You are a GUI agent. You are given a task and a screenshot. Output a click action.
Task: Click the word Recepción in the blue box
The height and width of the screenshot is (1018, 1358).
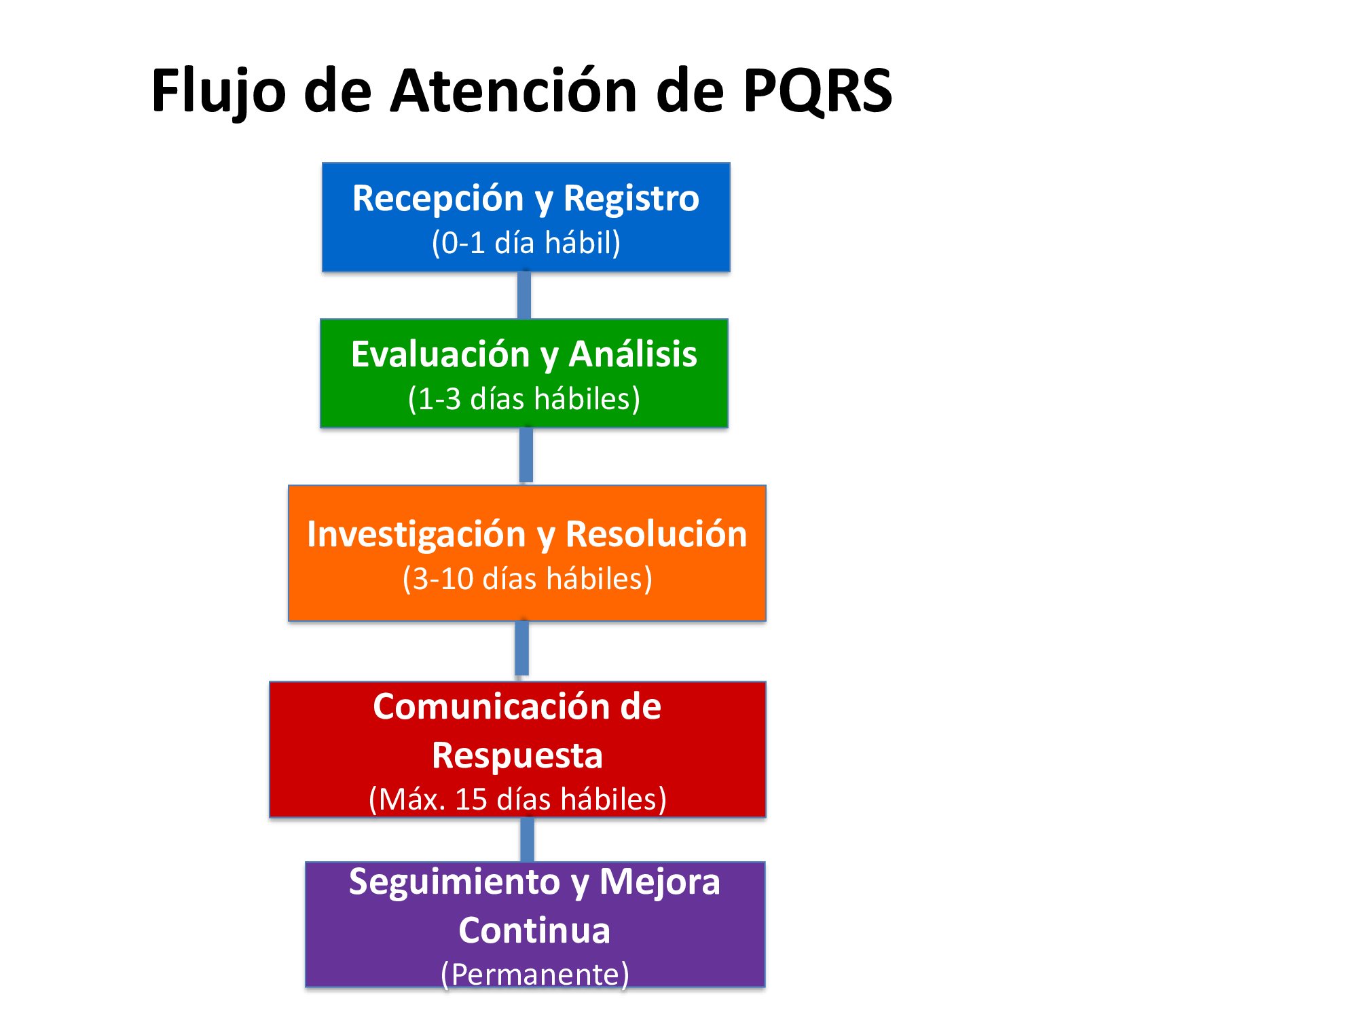(x=438, y=199)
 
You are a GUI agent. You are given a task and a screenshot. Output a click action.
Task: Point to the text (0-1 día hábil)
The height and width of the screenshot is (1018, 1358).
(x=526, y=243)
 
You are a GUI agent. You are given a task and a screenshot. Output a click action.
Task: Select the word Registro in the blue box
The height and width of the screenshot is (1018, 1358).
(x=631, y=199)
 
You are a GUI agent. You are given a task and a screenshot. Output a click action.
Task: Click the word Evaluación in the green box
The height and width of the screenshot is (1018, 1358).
(x=440, y=354)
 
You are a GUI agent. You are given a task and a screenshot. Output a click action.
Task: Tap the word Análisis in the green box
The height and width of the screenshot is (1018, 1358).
(x=633, y=354)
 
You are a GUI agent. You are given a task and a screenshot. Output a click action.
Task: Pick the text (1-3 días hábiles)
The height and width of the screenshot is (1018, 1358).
(x=524, y=399)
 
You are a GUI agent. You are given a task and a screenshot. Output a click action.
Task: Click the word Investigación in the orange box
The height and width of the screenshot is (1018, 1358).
(x=416, y=534)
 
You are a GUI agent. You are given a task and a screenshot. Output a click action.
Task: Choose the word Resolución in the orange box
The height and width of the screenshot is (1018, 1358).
(x=656, y=534)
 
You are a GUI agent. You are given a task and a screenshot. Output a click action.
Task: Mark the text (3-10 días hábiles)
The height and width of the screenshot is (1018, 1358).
(x=528, y=579)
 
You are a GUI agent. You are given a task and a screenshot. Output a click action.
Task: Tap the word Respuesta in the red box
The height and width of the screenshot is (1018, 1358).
(x=517, y=755)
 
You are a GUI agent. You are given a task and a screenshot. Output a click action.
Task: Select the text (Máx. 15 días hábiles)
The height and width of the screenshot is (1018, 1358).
(x=517, y=799)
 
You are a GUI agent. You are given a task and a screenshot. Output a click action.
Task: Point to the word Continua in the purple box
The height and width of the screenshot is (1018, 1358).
(x=534, y=930)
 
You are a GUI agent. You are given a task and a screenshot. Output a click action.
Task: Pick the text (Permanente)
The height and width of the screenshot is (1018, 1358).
(x=535, y=975)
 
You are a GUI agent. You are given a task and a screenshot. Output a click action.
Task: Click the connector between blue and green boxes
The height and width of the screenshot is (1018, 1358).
(x=524, y=295)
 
